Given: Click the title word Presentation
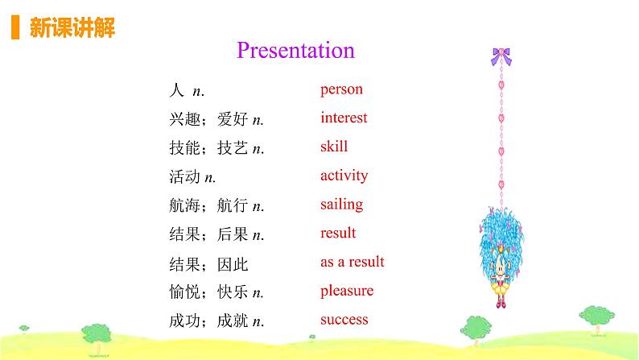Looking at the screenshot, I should click(295, 50).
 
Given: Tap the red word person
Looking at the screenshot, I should click(341, 89).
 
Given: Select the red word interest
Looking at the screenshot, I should click(344, 118).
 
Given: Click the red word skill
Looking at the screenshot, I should click(334, 147).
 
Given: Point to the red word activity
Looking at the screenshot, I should click(344, 176).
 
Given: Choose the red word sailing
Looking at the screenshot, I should click(341, 205).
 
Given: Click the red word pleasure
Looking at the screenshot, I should click(347, 291).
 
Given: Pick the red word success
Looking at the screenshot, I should click(344, 319).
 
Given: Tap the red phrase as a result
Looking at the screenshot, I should click(352, 262).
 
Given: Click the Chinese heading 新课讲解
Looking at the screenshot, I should click(72, 29).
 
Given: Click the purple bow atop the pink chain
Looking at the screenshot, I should click(501, 56).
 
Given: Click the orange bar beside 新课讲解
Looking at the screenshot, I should click(14, 28).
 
